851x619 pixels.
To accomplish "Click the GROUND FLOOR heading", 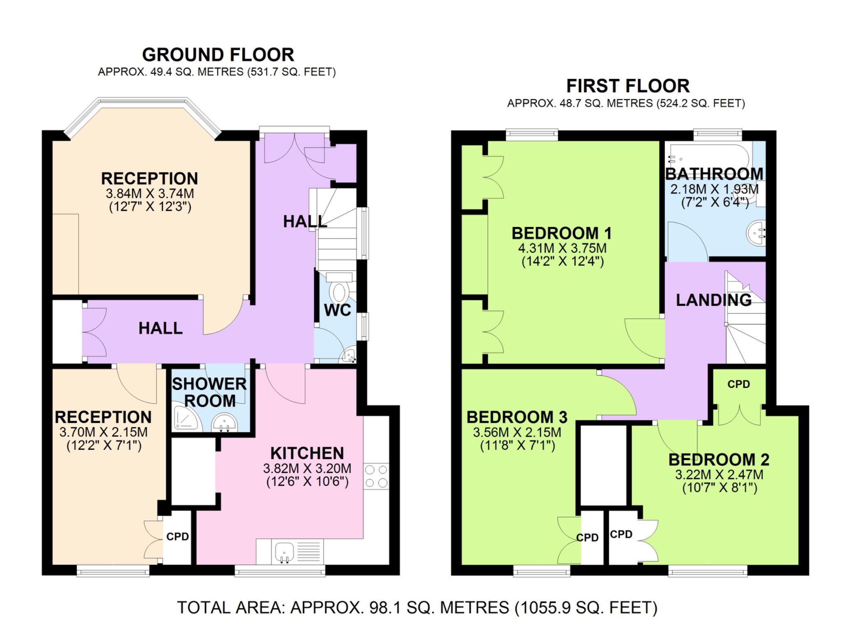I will [x=218, y=55].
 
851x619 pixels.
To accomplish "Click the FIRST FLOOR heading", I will [x=627, y=86].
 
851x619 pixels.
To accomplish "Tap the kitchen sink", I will [x=285, y=552].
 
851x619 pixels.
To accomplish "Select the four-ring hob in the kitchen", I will [x=376, y=476].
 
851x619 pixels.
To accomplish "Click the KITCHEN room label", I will [x=307, y=453].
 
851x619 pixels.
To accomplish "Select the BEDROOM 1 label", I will [x=562, y=233].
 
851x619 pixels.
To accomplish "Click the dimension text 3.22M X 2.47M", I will [x=719, y=474].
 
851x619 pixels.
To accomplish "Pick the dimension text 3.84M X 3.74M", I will [x=150, y=193].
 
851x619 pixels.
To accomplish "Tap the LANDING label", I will [x=713, y=300].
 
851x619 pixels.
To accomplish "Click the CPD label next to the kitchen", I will [x=177, y=537].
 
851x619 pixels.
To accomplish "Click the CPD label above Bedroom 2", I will [x=738, y=384].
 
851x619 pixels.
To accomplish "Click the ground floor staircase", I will [x=337, y=233].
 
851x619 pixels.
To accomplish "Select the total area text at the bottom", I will [x=417, y=607].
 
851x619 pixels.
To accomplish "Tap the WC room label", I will [x=337, y=310].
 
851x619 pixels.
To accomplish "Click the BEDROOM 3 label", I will [x=517, y=417].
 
